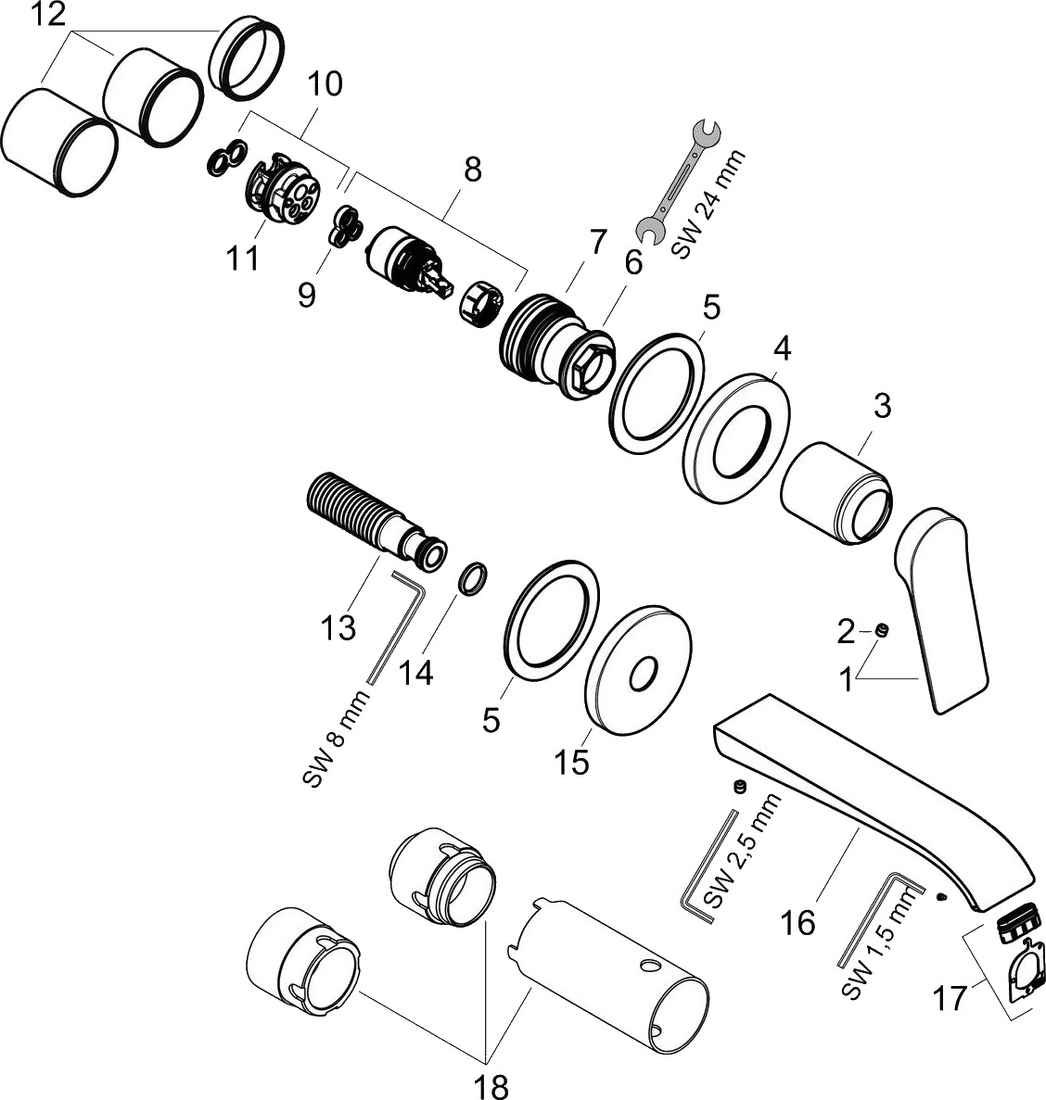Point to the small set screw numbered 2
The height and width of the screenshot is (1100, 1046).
[x=882, y=631]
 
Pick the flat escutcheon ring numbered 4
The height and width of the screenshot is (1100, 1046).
[x=738, y=437]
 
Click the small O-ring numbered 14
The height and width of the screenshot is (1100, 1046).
[x=473, y=580]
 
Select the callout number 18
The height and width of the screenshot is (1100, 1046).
[x=492, y=1083]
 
